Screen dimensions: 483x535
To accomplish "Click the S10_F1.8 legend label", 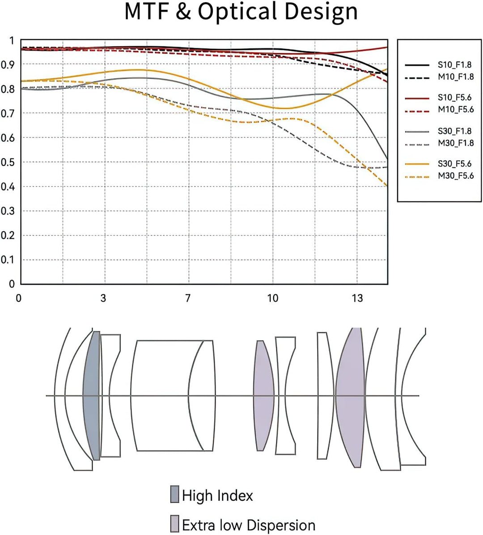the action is tap(455, 65).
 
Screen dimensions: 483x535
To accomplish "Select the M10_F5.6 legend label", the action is tap(456, 110).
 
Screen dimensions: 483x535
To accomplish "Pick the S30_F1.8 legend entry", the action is tap(455, 131).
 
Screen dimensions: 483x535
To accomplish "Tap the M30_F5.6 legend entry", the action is tap(456, 175).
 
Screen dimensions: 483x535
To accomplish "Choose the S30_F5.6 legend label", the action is tap(455, 164).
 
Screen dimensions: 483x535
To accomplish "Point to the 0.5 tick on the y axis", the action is tap(8, 162).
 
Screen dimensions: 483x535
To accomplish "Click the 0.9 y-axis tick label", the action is tap(8, 64).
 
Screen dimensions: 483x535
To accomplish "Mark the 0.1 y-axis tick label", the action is tap(8, 260).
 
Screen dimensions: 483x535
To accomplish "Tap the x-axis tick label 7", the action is tap(188, 298).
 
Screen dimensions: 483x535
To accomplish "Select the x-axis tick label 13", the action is tap(357, 298).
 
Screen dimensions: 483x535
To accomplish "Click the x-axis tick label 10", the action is tap(272, 298).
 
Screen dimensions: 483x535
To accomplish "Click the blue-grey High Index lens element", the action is tap(92, 395).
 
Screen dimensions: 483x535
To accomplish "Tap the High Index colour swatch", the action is tap(174, 494).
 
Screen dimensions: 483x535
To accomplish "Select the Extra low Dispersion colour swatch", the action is tap(174, 523).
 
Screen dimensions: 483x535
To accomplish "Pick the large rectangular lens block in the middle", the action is tap(173, 395).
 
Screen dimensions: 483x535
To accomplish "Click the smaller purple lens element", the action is tap(263, 395).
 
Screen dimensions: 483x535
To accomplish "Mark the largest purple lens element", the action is tap(350, 397).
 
